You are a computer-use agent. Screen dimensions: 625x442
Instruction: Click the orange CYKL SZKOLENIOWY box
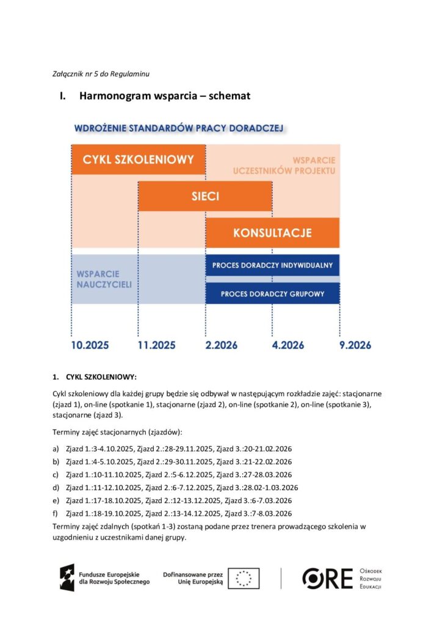click(139, 160)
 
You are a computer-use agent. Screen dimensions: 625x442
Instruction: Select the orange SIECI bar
click(205, 197)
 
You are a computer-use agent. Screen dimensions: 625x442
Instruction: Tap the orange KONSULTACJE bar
click(272, 233)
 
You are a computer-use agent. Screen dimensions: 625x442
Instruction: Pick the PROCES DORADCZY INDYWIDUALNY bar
click(272, 265)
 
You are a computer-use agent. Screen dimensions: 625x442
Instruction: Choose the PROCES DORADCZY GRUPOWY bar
click(272, 294)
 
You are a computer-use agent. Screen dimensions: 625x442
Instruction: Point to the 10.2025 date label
click(90, 345)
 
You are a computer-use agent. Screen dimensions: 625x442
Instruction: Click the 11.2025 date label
click(156, 345)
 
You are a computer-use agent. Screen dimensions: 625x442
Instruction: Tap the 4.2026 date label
click(288, 345)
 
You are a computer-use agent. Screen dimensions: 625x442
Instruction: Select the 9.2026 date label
click(355, 345)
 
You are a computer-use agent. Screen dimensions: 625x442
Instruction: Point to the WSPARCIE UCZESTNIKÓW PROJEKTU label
click(284, 165)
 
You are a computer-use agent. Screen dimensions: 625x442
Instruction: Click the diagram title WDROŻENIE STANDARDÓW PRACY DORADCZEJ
click(178, 129)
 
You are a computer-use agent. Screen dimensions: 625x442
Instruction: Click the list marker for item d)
click(56, 488)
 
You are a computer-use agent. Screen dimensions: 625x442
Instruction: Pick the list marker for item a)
click(56, 449)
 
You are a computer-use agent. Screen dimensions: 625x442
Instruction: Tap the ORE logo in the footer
click(328, 578)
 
